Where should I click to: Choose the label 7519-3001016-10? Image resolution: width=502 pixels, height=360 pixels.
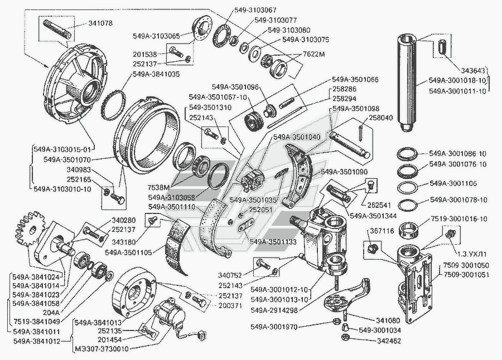pos(458,219)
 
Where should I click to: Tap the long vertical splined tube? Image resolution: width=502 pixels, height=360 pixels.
pos(411,84)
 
